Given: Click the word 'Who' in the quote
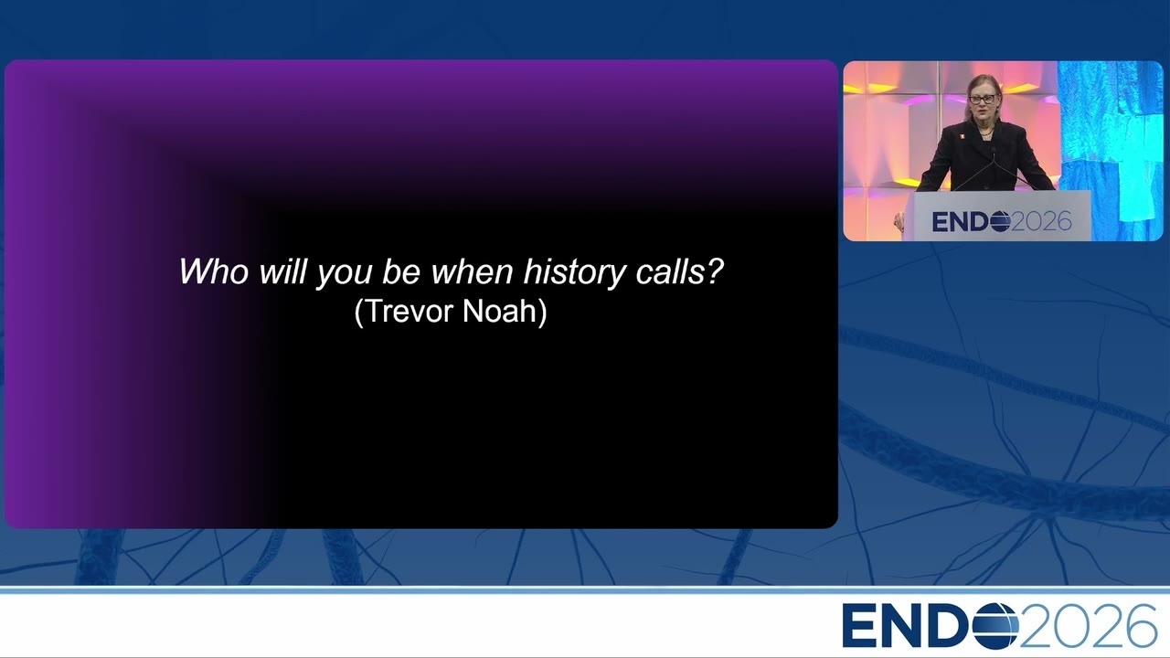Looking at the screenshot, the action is [214, 271].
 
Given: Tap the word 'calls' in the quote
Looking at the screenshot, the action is [667, 271].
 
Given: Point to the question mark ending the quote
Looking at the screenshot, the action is [712, 271].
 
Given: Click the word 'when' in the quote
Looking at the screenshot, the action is [473, 271].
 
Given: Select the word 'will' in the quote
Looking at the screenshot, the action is [282, 271].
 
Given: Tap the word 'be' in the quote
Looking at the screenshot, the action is [401, 271].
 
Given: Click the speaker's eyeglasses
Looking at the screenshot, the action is [982, 99].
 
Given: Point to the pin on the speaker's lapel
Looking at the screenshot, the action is [960, 136].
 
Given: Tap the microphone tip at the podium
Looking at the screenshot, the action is [993, 151].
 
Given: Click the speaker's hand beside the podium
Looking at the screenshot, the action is [899, 222].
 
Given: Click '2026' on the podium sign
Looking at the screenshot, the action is [1041, 221].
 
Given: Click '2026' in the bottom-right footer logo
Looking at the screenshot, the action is [1088, 625].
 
